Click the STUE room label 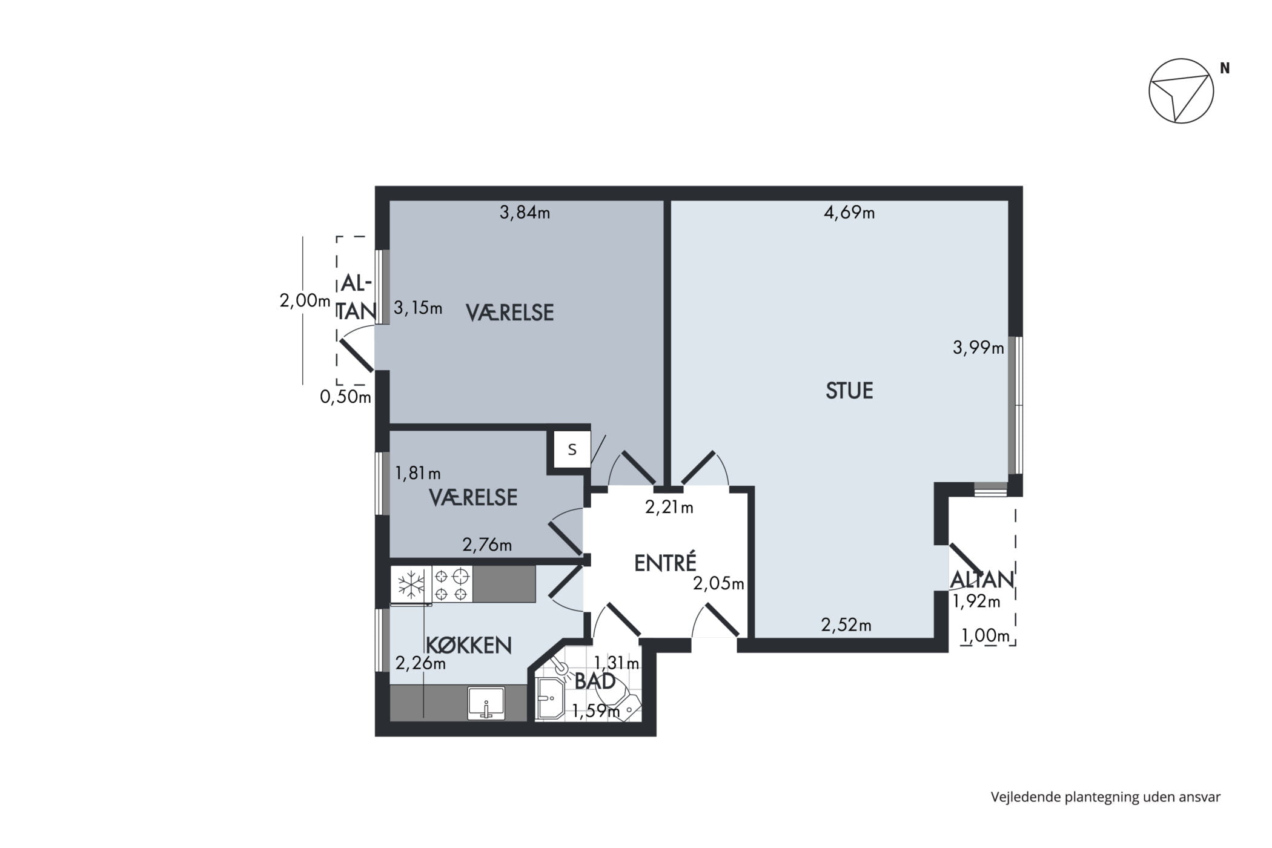pyautogui.click(x=849, y=391)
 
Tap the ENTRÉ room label pyautogui.click(x=665, y=563)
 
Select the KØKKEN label pyautogui.click(x=469, y=645)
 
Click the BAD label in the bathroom pyautogui.click(x=595, y=681)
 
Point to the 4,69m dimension pyautogui.click(x=849, y=213)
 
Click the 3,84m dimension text pyautogui.click(x=525, y=213)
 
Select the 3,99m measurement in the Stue pyautogui.click(x=978, y=348)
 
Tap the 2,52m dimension pyautogui.click(x=846, y=624)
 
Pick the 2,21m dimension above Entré pyautogui.click(x=669, y=508)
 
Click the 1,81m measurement pyautogui.click(x=418, y=473)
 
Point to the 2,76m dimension pyautogui.click(x=487, y=545)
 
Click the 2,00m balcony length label pyautogui.click(x=305, y=300)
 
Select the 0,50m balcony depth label pyautogui.click(x=345, y=397)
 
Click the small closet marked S pyautogui.click(x=572, y=449)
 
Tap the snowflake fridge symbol pyautogui.click(x=411, y=585)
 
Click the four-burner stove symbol pyautogui.click(x=452, y=584)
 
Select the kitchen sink pyautogui.click(x=486, y=703)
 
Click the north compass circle pyautogui.click(x=1181, y=91)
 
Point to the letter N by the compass pyautogui.click(x=1225, y=68)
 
